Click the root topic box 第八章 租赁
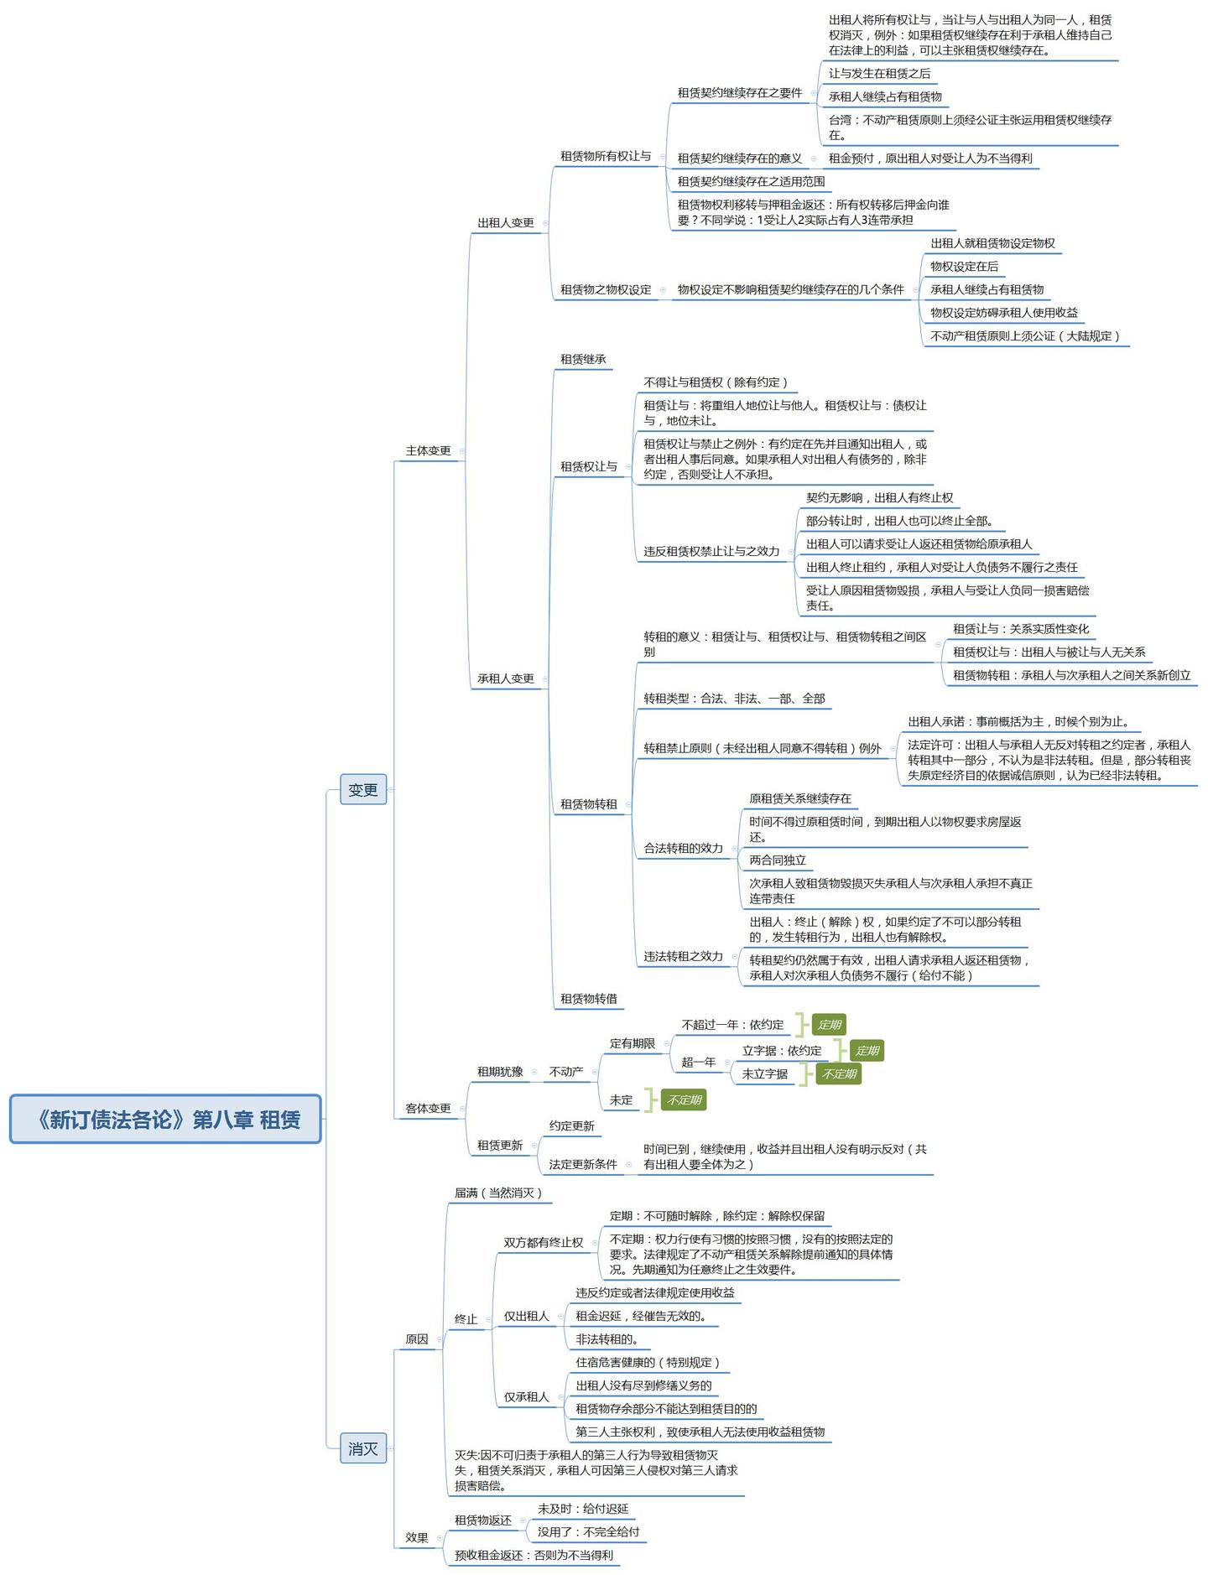click(165, 1119)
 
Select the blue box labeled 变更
click(363, 789)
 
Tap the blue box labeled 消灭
click(363, 1448)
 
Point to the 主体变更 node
click(429, 450)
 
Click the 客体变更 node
click(429, 1108)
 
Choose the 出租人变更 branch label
click(506, 222)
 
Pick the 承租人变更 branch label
click(506, 678)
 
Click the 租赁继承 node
click(583, 359)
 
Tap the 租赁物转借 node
click(589, 998)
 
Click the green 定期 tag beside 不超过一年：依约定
click(829, 1024)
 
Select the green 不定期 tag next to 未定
click(684, 1099)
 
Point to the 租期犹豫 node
click(500, 1071)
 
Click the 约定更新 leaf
click(572, 1125)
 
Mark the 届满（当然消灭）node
click(499, 1192)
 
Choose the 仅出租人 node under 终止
click(527, 1316)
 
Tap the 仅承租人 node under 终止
click(527, 1396)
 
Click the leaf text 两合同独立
click(778, 860)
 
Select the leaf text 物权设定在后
click(965, 266)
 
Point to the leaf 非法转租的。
click(607, 1338)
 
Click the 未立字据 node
click(765, 1073)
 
